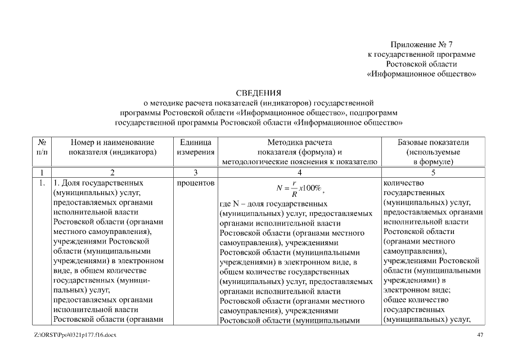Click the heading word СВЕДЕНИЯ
[x=258, y=93]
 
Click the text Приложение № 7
[x=433, y=44]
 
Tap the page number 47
[x=479, y=335]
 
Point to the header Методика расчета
[x=299, y=142]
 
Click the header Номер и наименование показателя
[x=112, y=147]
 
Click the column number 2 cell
[x=112, y=172]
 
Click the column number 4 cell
[x=299, y=172]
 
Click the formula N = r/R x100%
[x=299, y=188]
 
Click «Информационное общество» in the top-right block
[x=422, y=74]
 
